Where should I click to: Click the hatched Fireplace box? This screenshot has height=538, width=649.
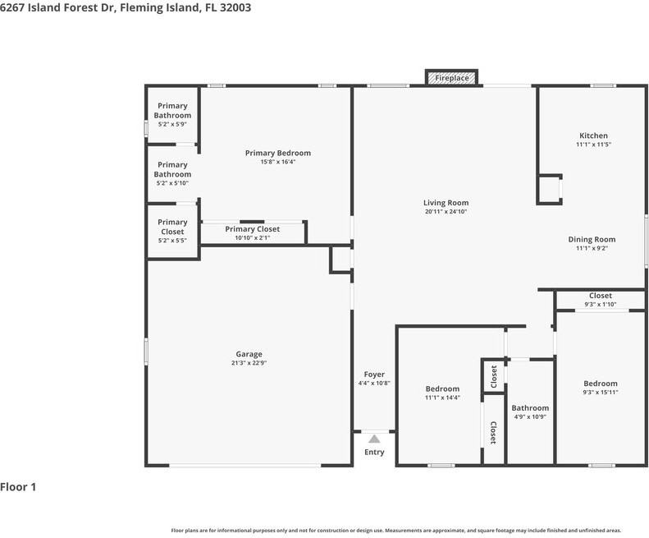click(451, 78)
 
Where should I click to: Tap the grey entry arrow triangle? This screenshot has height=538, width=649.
click(374, 439)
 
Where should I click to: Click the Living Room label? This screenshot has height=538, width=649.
click(446, 203)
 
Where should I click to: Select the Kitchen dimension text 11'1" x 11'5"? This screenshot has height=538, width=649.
click(593, 145)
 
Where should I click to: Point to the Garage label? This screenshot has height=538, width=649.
click(249, 354)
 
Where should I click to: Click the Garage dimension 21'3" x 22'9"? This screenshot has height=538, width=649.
click(249, 363)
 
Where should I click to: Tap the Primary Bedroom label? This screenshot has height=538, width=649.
click(277, 153)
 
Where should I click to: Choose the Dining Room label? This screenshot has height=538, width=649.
click(592, 239)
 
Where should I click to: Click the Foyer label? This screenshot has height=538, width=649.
click(374, 375)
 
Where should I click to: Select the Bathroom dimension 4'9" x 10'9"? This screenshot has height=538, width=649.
click(530, 417)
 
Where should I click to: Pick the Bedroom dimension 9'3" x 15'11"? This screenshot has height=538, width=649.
click(600, 393)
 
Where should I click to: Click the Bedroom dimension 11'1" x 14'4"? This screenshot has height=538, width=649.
click(442, 398)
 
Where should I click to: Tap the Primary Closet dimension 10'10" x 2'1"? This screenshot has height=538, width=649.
click(253, 238)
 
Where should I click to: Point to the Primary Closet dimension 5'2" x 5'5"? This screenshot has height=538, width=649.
click(172, 241)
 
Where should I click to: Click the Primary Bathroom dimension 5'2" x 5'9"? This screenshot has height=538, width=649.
click(172, 124)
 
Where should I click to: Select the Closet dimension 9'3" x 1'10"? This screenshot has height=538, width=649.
click(600, 305)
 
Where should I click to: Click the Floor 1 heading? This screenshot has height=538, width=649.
click(18, 487)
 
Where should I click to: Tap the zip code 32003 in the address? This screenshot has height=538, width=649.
click(235, 8)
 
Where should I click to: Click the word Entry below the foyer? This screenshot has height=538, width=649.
click(374, 453)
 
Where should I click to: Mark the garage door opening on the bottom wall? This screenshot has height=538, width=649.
click(245, 466)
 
